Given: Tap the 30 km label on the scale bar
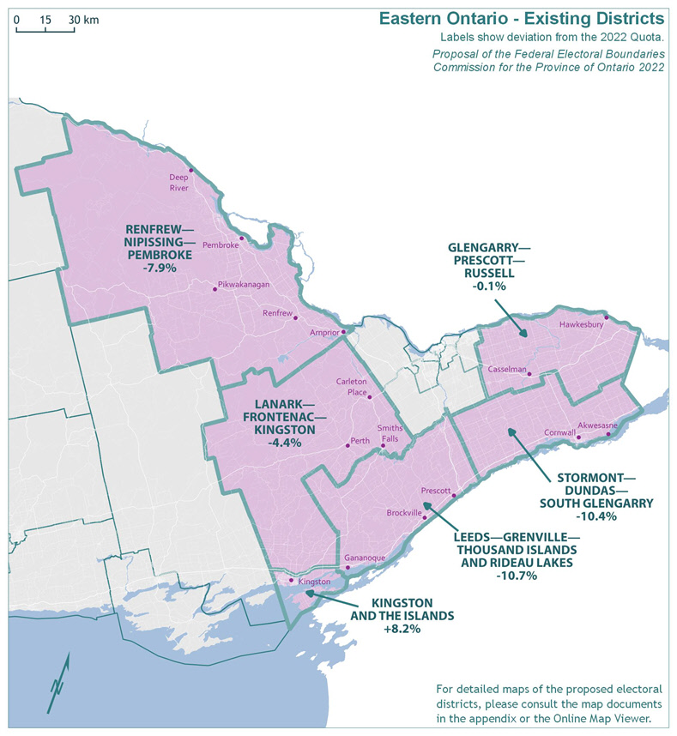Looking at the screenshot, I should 85,19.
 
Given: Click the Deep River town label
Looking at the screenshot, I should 178,182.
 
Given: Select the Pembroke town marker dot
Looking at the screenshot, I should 241,238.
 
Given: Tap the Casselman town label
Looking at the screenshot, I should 506,369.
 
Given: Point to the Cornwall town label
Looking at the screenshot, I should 559,432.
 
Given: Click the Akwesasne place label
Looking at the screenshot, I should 597,425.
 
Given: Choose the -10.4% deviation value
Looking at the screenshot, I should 592,516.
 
